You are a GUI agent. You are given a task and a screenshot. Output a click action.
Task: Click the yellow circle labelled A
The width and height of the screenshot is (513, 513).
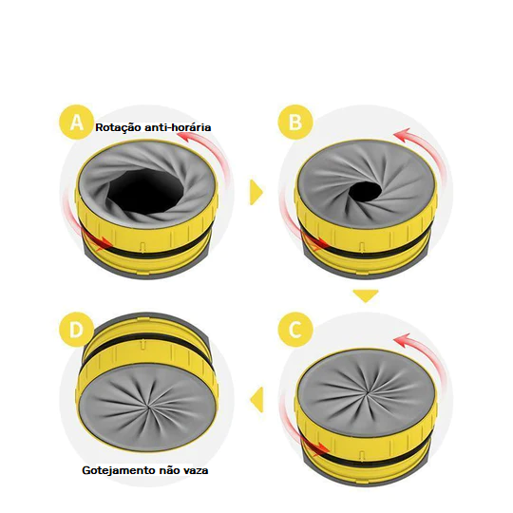point(77,123)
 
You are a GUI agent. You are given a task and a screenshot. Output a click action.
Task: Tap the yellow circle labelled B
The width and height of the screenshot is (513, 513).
point(295,123)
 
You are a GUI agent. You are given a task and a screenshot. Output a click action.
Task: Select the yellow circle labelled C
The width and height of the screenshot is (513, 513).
point(295,330)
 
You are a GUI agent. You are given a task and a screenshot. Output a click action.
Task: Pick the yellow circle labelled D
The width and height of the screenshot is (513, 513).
point(77,330)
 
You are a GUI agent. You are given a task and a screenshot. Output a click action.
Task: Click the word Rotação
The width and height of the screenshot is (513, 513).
point(118,127)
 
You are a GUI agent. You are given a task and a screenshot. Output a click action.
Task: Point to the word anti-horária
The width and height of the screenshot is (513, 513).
point(178,127)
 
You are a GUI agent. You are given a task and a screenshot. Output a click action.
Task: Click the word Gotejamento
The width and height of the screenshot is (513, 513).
point(119,470)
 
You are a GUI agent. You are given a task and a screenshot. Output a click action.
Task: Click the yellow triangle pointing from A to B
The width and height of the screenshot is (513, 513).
point(256,192)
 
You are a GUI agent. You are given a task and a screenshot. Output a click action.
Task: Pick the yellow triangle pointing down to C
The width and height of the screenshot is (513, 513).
point(366,295)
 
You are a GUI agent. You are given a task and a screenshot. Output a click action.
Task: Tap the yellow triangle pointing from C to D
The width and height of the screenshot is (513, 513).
point(257,399)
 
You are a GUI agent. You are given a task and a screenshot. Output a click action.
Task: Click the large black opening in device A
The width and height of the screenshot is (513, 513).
point(145,192)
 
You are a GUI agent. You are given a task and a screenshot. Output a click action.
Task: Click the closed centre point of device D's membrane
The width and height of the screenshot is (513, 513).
point(149,407)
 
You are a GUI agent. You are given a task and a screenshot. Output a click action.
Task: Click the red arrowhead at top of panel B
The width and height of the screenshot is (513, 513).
point(402,136)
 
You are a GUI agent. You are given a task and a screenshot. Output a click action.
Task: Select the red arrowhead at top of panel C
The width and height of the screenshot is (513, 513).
point(403,341)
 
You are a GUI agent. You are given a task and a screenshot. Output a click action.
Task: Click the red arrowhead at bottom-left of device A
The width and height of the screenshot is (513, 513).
point(105,243)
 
